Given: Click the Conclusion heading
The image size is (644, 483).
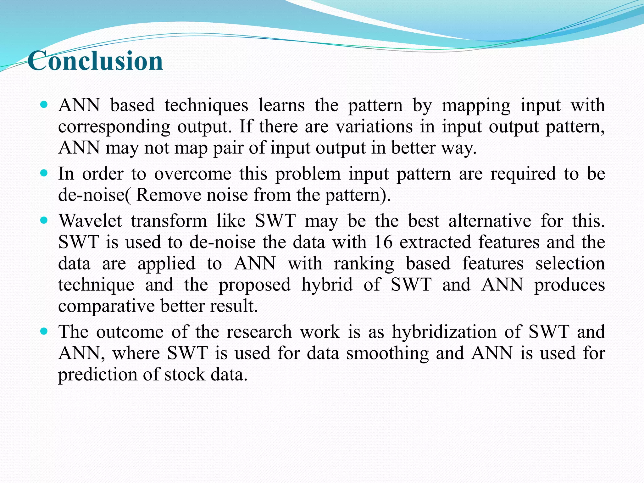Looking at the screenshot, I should (x=95, y=61).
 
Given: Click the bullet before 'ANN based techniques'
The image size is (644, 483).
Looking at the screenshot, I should (x=44, y=104).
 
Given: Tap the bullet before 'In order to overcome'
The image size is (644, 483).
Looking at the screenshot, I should (x=44, y=173).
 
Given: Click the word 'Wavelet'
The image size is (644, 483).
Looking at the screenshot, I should (x=90, y=221).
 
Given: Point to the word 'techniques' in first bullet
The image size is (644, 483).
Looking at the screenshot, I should (x=206, y=105).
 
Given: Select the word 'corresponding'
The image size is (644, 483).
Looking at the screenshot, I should (x=114, y=127).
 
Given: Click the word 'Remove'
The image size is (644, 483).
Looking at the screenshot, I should (x=168, y=195).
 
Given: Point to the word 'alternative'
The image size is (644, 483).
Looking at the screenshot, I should (x=490, y=221).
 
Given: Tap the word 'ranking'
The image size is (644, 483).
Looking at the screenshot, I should (x=364, y=264).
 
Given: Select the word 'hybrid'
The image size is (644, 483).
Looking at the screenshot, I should (x=327, y=285).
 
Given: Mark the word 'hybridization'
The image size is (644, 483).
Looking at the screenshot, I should (x=443, y=332).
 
